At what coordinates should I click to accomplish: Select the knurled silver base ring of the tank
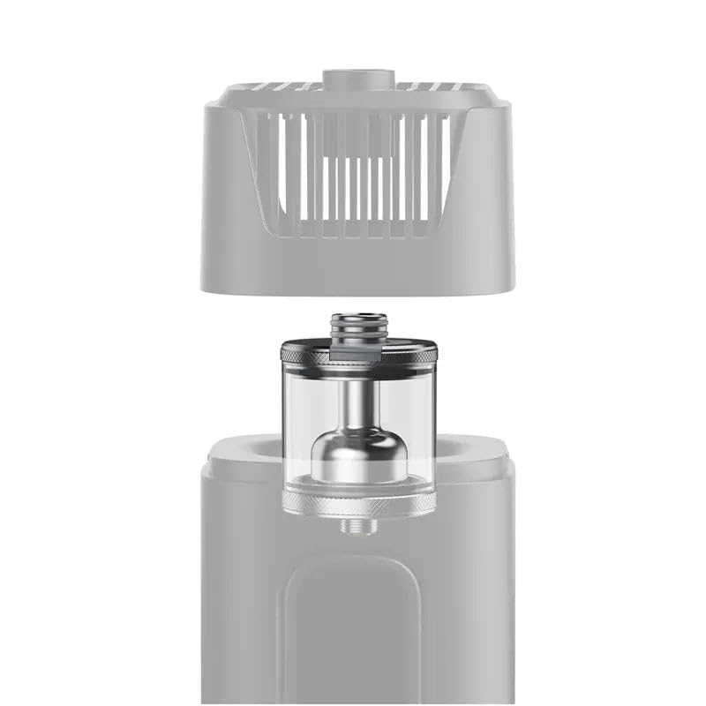tap(357, 506)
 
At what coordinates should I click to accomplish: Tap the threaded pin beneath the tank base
tap(357, 526)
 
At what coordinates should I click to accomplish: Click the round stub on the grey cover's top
tap(357, 79)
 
